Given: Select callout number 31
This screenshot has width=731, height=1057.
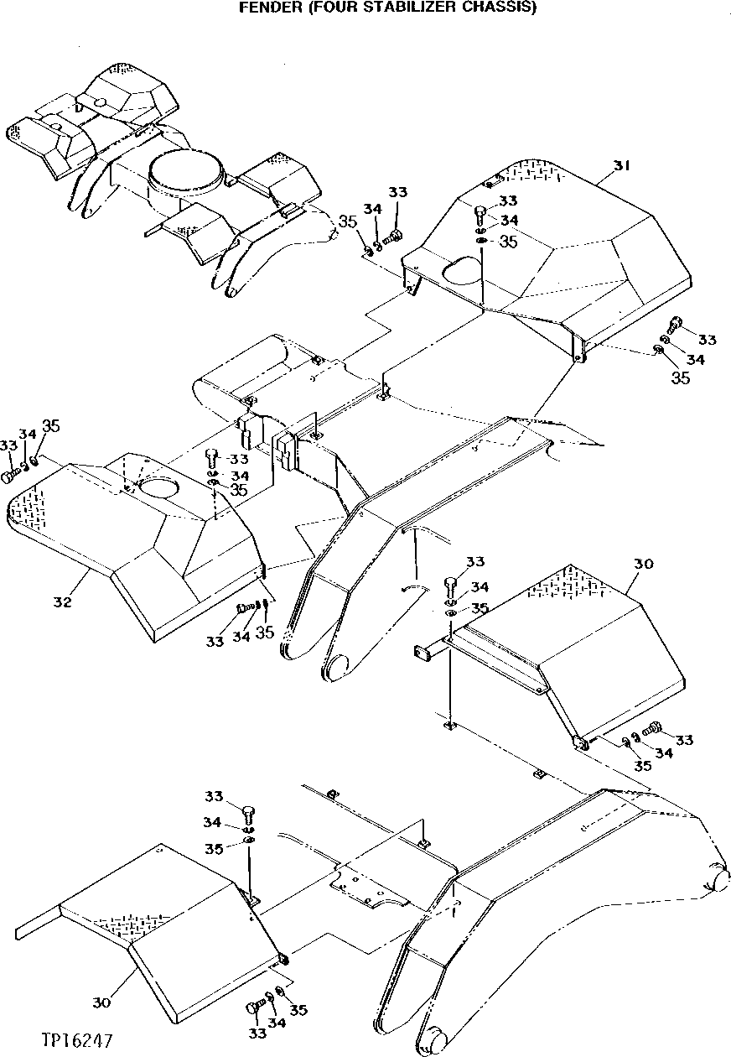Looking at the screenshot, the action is (x=620, y=166).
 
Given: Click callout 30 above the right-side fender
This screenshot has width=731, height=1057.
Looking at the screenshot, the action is (x=643, y=564).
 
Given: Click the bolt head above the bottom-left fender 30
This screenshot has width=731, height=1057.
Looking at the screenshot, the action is (x=249, y=811).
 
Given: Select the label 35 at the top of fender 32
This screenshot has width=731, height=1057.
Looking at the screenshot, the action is (x=51, y=426).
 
